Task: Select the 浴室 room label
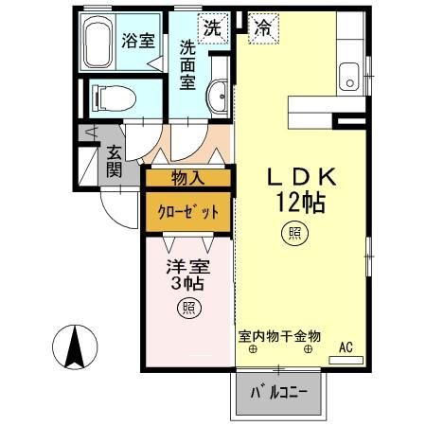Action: tap(138, 40)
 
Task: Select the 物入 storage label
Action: tap(187, 177)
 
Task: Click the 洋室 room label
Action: tap(188, 269)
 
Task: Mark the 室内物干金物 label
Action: tap(279, 335)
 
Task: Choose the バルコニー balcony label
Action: tap(279, 392)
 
